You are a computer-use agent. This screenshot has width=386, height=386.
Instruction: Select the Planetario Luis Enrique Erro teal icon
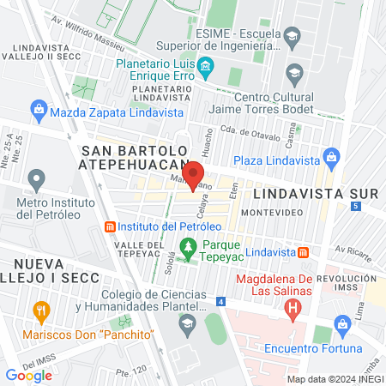(205, 66)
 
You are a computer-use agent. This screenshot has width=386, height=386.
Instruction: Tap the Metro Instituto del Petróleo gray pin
(36, 180)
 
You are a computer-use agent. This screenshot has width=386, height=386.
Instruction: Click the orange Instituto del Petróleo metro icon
(109, 226)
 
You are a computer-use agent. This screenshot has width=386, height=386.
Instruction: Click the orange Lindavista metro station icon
(304, 253)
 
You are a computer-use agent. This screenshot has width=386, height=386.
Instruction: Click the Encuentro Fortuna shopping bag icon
(344, 325)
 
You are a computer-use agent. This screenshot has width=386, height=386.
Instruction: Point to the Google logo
(28, 375)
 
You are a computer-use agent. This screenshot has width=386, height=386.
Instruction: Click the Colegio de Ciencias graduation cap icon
(186, 323)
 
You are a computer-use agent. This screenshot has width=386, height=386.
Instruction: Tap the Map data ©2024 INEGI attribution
(333, 379)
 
